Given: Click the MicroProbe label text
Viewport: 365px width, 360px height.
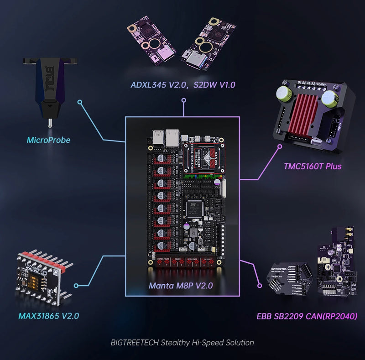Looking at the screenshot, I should (48, 140).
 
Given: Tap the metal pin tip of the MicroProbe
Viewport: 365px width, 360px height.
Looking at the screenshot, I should (48, 123).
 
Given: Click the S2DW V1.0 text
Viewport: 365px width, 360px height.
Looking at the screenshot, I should (214, 85).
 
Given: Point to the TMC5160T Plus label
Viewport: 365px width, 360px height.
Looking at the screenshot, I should (313, 166).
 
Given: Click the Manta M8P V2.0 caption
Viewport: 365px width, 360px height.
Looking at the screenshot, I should (181, 287).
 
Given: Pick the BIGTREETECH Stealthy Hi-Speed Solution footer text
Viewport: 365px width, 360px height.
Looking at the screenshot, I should (182, 342).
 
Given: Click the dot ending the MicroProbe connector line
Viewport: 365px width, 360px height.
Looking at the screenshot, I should (80, 102).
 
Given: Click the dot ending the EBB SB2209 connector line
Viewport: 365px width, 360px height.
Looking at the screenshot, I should (260, 286).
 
